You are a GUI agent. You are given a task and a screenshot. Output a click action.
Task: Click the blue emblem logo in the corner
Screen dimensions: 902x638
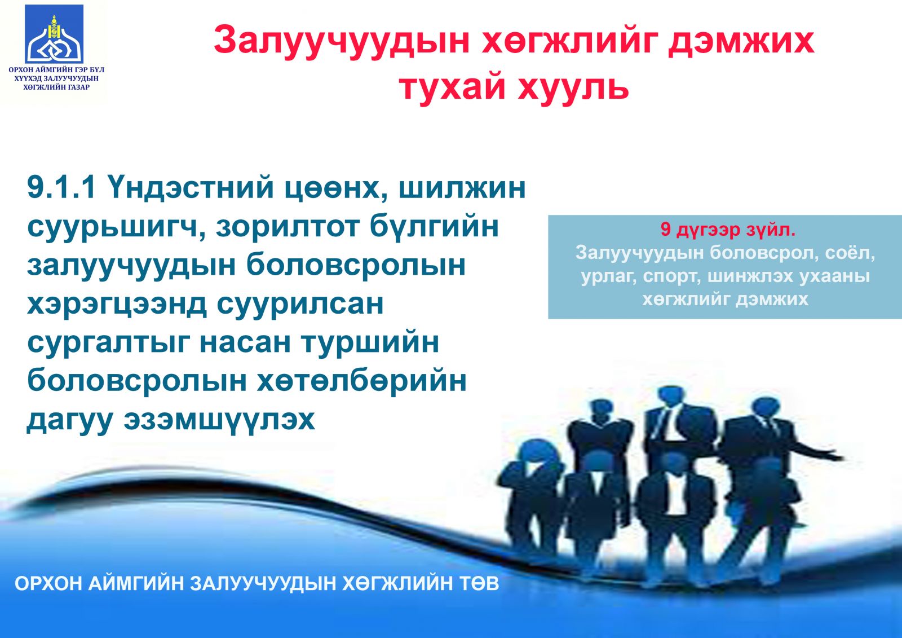tap(54, 34)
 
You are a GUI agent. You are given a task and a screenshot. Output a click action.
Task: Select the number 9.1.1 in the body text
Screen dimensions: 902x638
tap(61, 188)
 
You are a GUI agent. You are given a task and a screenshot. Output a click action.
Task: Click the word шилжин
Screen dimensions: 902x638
tap(462, 188)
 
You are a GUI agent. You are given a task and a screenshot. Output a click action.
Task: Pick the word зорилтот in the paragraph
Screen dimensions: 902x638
tap(288, 227)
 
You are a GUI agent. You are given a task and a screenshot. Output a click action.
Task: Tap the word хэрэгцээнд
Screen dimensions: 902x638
tap(117, 305)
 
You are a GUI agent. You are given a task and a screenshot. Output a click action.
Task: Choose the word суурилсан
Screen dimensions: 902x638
tap(300, 305)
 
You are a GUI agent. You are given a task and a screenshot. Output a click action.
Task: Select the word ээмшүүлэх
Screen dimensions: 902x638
tap(219, 421)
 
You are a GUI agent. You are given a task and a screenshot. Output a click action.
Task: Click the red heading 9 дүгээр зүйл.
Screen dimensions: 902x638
tap(728, 230)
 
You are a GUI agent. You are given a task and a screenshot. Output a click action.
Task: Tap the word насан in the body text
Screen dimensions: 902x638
tap(245, 344)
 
